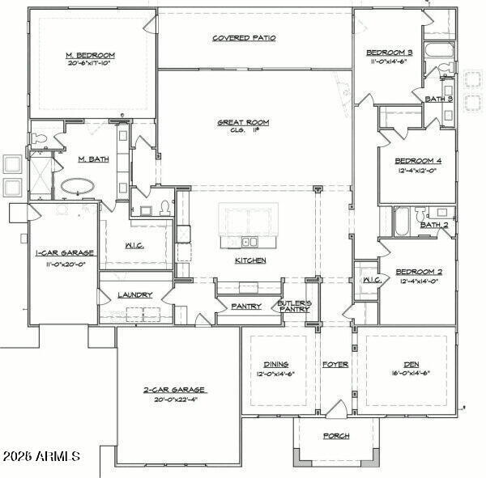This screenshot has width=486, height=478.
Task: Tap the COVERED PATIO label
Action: click(x=244, y=38)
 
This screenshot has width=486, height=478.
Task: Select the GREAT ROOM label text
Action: click(x=243, y=123)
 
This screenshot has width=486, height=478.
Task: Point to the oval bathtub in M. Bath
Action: click(x=78, y=185)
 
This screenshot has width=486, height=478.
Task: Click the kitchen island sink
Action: click(x=249, y=241)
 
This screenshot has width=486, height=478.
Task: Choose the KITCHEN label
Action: click(x=250, y=260)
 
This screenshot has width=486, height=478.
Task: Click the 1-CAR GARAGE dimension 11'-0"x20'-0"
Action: click(x=65, y=263)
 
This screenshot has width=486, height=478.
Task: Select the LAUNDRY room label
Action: click(x=135, y=295)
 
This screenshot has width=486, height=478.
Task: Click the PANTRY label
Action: click(x=245, y=307)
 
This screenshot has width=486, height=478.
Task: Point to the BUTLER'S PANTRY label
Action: click(x=295, y=306)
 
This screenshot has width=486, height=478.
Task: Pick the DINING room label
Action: click(x=275, y=365)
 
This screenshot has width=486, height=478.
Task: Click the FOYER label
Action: click(x=335, y=365)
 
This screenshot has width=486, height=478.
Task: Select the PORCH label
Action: click(x=335, y=436)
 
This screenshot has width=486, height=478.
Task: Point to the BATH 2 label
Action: click(x=434, y=225)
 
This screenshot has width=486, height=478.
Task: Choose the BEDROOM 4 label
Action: click(x=418, y=159)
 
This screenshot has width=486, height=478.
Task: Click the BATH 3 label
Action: click(x=439, y=99)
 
